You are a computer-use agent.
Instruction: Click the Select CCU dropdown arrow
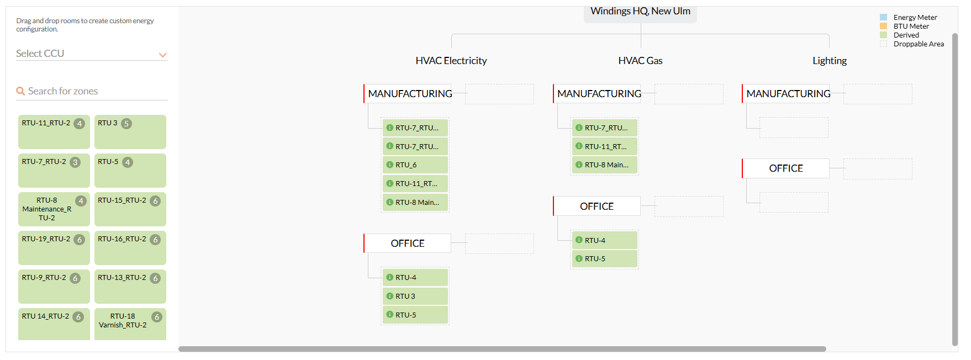162,55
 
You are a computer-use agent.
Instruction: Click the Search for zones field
92,91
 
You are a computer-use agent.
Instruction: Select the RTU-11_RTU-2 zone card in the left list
54,132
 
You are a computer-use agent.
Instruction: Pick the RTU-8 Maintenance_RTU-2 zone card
54,209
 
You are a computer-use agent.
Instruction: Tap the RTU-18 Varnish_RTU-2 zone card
130,324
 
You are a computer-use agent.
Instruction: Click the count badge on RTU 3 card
126,124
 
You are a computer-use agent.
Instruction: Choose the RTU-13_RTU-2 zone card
130,287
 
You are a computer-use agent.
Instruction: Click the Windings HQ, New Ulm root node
640,12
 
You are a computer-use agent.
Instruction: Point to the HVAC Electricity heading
451,61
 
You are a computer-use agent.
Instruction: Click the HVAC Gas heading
640,61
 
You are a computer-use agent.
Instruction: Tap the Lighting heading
830,61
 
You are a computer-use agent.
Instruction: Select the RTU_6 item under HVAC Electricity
415,165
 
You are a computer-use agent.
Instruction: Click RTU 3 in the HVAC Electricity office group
415,297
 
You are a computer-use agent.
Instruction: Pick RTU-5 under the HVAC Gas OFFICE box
605,259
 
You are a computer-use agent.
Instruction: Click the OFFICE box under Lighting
786,168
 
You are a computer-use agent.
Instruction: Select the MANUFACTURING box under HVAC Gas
597,94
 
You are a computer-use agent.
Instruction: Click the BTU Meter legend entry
911,27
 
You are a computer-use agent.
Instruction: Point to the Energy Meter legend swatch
883,18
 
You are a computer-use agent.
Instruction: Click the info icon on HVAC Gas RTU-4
579,240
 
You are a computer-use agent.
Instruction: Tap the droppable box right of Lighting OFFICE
878,169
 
